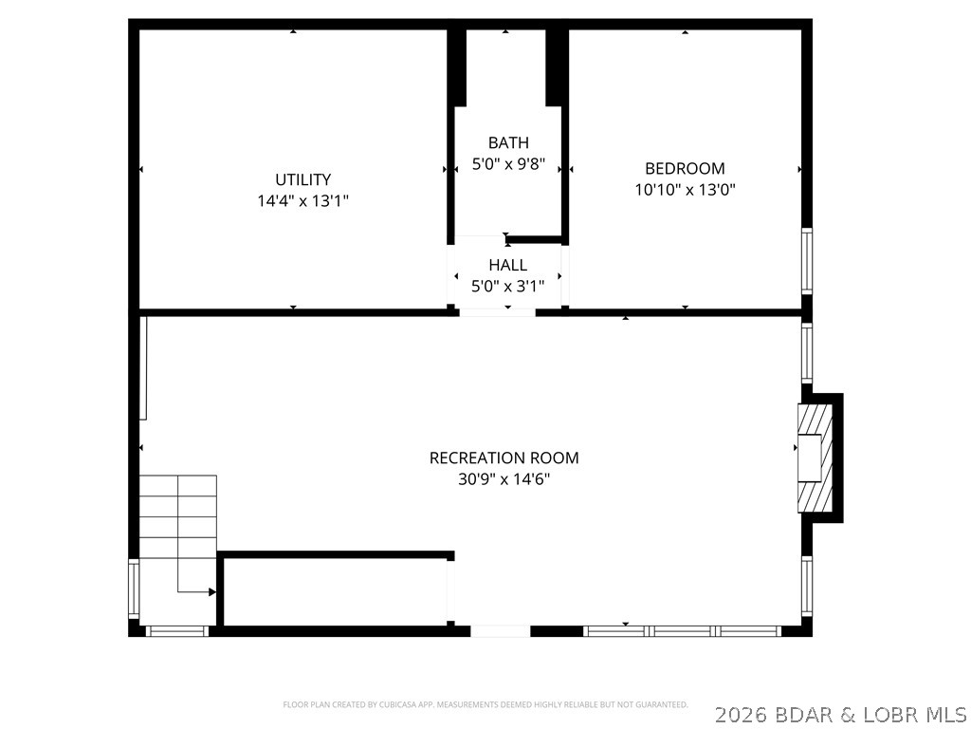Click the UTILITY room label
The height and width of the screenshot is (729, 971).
pos(302,179)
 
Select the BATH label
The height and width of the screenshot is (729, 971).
pos(508,143)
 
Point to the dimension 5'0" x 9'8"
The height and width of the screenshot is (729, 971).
pos(508,164)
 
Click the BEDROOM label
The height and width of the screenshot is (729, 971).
pos(685,169)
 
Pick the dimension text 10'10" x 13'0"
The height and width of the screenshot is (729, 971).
pos(685,190)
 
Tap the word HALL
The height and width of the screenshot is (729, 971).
pos(507,265)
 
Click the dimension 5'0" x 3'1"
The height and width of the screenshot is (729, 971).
pos(507,286)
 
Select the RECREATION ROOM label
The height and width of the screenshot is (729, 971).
pos(504,458)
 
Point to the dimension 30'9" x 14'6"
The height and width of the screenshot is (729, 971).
pos(504,479)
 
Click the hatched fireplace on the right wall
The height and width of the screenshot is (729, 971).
pos(815,458)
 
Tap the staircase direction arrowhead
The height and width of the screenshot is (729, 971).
pos(212,592)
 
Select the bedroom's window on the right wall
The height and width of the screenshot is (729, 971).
pos(807,260)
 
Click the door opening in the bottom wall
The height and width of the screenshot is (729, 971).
pos(500,630)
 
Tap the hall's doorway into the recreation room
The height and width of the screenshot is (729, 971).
pos(497,310)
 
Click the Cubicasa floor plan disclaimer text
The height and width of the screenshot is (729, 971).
pos(485,704)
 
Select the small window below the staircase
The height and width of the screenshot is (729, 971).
pos(176,630)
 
